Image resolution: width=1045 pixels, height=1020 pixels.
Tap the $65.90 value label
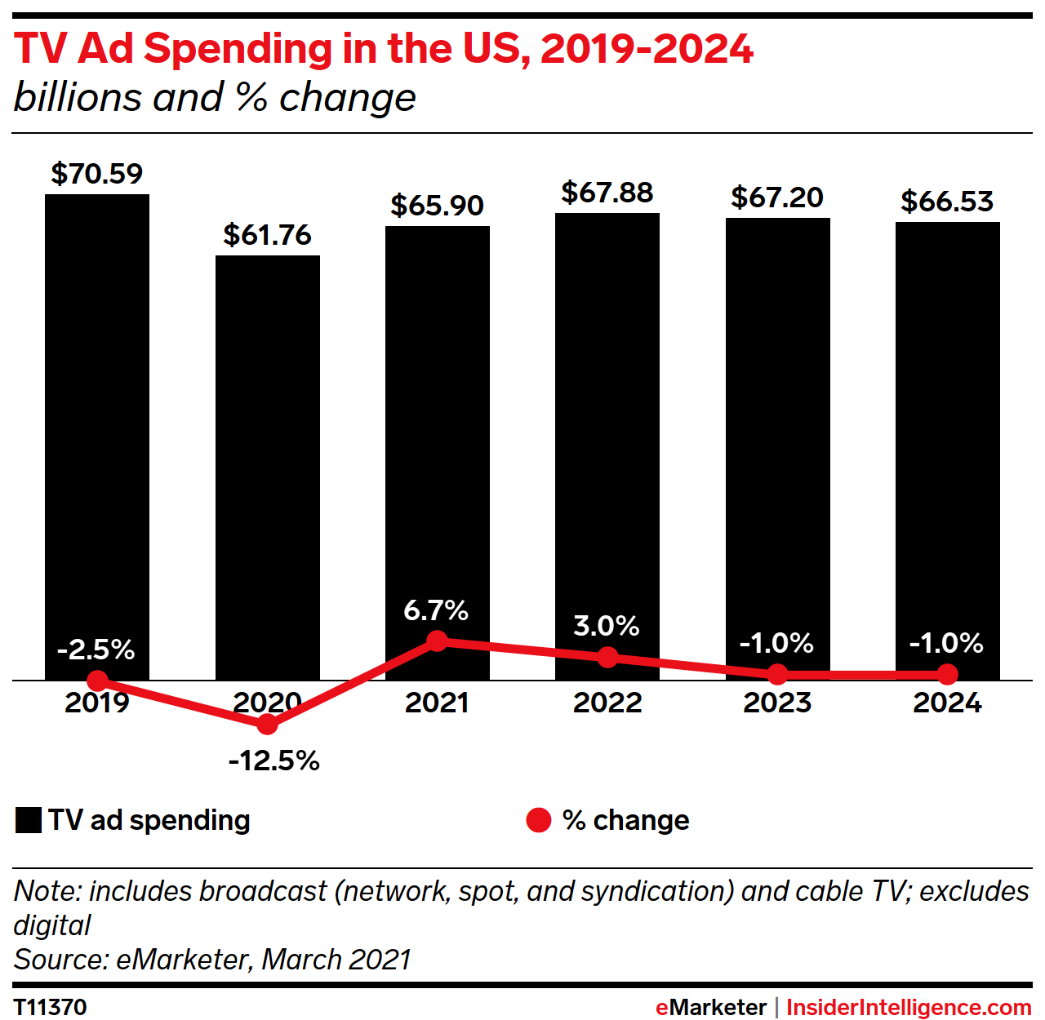tap(437, 206)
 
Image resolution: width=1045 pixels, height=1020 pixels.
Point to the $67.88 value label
tap(607, 193)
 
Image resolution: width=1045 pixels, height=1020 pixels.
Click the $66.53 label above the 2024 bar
tap(947, 202)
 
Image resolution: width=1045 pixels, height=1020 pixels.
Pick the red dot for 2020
tap(267, 724)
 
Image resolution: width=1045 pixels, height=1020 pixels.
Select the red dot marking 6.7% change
tap(437, 641)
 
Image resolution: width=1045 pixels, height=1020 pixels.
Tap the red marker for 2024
tap(947, 674)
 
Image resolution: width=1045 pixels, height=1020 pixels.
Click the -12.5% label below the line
tap(274, 761)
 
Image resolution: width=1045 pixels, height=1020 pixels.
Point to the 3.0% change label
tap(607, 626)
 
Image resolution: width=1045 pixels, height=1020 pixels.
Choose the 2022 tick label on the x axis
tap(607, 703)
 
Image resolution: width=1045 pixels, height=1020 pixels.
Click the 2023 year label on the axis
tap(777, 703)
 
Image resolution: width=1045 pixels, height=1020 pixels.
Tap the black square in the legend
tap(29, 820)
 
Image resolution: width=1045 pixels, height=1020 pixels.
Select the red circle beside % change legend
tap(539, 820)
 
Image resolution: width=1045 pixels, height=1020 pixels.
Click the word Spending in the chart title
tap(238, 49)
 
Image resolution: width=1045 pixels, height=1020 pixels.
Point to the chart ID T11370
tap(51, 1007)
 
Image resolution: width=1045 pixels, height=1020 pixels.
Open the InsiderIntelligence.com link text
tap(909, 1007)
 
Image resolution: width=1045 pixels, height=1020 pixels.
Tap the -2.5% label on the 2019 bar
tap(96, 650)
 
